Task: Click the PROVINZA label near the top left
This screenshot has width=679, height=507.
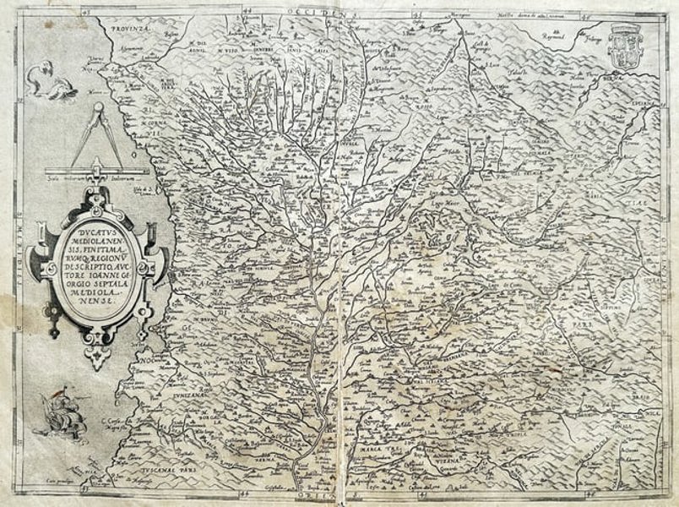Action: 120,27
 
